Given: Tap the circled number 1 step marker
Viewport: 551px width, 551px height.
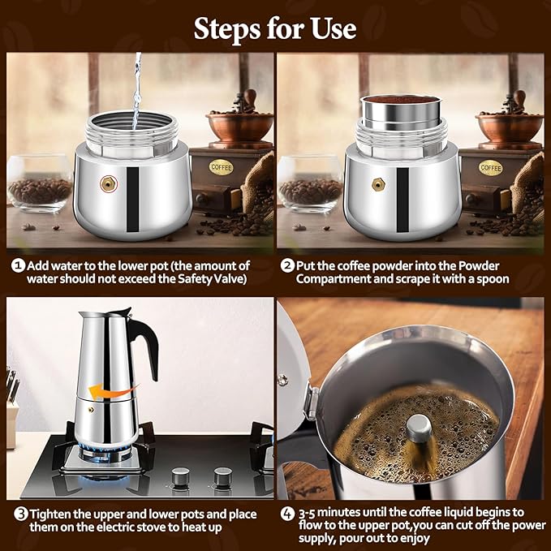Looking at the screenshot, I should (x=17, y=266).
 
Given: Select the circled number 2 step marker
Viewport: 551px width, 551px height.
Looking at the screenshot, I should (x=287, y=266).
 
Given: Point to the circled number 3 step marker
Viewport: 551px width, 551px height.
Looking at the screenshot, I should (x=17, y=514).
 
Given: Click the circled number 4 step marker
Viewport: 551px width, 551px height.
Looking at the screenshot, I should (x=287, y=514).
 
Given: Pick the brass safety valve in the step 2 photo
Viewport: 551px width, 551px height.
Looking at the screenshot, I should (x=377, y=184).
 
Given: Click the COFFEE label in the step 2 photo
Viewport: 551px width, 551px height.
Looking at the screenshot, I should (x=490, y=167).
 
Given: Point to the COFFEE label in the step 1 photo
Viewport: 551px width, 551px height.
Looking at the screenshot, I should (x=221, y=167).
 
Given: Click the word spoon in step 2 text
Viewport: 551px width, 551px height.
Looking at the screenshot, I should (x=492, y=279).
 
